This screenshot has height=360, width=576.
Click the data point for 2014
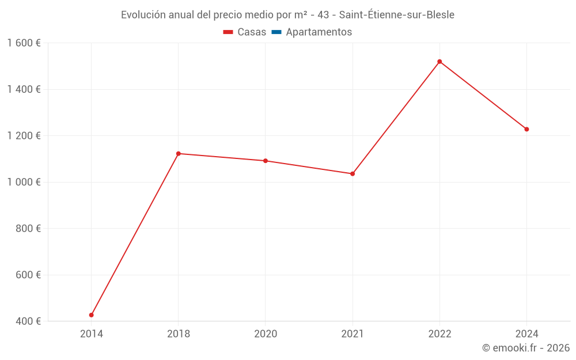pos(91,315)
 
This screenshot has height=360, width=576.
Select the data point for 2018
pos(178,154)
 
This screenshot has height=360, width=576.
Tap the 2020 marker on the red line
pos(266,161)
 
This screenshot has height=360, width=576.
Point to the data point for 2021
pos(353,173)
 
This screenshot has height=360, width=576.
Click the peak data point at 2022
pos(439,62)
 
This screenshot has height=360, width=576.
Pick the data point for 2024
pos(526,129)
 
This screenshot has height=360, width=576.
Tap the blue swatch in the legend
pos(276,32)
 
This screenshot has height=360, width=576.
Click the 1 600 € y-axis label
pos(24,43)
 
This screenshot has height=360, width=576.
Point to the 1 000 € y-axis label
pos(24,182)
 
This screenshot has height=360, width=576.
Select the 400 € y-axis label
pos(28,321)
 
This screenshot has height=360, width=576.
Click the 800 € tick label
pos(28,229)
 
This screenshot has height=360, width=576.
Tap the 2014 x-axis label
pos(91,334)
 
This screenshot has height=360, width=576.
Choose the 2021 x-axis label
pos(353,334)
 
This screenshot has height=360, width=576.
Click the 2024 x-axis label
pos(526,334)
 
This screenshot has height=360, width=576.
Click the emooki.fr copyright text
pos(526,348)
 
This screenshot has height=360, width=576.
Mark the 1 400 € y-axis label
pos(24,89)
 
